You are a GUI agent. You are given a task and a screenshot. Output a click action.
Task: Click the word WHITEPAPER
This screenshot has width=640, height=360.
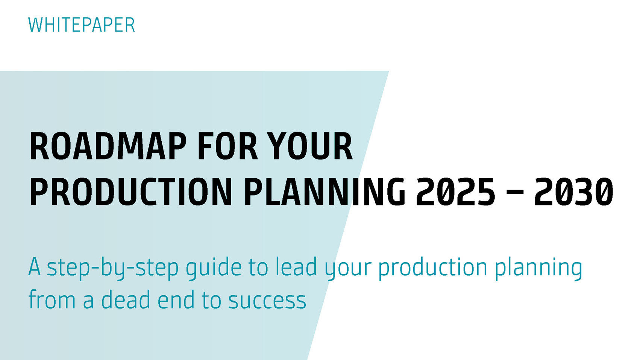click(82, 25)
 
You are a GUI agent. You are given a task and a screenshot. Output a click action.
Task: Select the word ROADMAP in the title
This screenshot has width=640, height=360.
click(108, 146)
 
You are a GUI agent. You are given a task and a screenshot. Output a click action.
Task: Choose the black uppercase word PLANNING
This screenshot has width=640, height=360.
click(324, 191)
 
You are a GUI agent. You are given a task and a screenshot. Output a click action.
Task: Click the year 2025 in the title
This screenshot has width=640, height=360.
click(455, 191)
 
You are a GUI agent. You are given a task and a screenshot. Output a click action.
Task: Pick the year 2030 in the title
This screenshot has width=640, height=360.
click(574, 191)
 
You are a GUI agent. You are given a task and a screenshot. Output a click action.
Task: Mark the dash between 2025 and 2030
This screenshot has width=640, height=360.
click(514, 192)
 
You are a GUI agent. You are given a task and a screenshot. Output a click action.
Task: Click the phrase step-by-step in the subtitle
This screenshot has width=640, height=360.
click(112, 268)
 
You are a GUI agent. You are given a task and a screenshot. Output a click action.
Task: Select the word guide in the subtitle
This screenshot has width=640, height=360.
click(214, 268)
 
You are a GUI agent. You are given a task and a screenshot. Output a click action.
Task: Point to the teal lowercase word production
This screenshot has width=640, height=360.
click(433, 268)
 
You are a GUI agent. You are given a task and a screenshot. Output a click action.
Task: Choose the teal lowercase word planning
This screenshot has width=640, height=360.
click(538, 268)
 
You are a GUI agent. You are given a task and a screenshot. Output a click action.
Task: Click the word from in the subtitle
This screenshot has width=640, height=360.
click(52, 299)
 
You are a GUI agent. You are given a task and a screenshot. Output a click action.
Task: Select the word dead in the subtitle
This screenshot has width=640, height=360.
click(126, 299)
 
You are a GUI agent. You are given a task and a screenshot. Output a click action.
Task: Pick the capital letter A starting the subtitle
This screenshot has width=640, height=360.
click(34, 267)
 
